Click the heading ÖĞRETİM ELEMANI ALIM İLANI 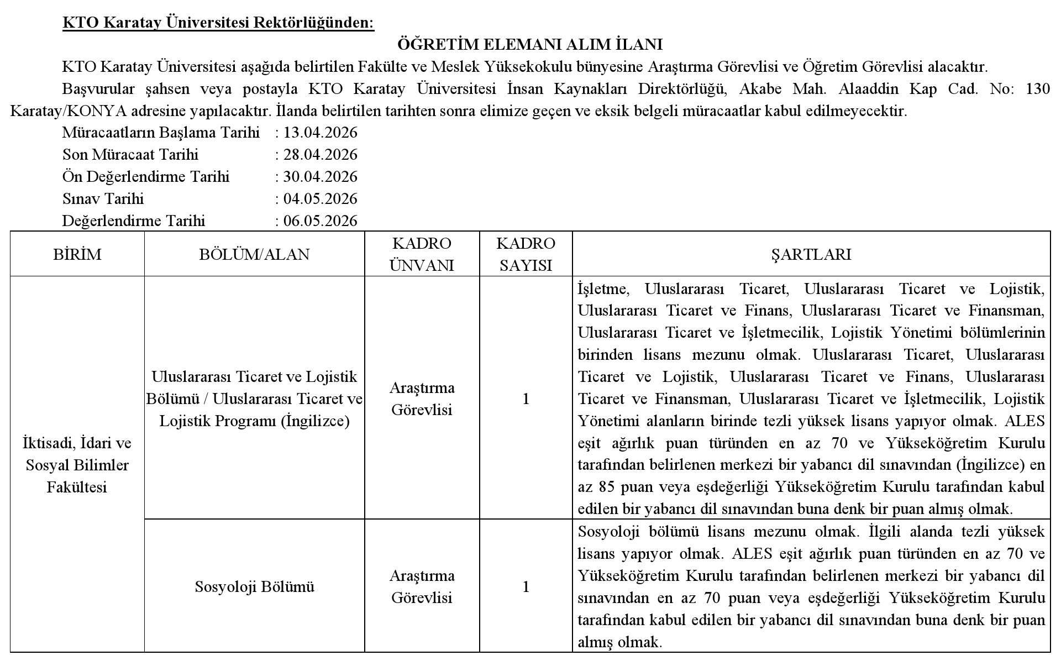click(530, 44)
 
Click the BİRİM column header click(77, 254)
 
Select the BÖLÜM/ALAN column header click(254, 254)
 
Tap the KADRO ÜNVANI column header click(422, 254)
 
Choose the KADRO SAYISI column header click(526, 254)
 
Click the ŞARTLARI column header click(811, 254)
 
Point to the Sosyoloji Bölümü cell click(254, 586)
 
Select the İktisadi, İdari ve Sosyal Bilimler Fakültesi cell click(77, 465)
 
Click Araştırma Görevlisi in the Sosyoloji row click(422, 586)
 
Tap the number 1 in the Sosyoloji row click(526, 586)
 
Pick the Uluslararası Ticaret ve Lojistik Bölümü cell click(254, 399)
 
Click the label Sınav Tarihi click(103, 199)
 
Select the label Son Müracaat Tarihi click(130, 155)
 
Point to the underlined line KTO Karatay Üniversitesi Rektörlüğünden click(218, 23)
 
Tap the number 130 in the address click(1037, 89)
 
